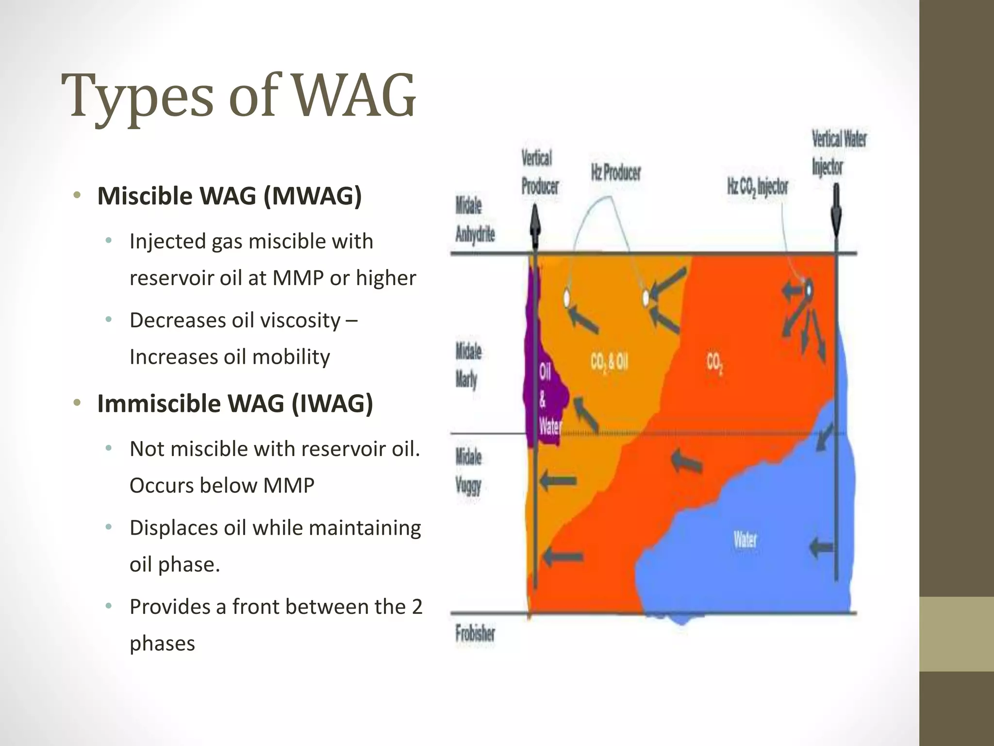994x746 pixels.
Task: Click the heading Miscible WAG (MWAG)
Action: click(230, 196)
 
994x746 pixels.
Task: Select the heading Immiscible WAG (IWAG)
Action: click(235, 404)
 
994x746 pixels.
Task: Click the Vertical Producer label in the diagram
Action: click(539, 172)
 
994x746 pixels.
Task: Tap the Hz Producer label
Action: click(615, 172)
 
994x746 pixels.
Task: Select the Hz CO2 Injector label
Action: click(757, 187)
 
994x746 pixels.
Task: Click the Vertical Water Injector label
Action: click(838, 153)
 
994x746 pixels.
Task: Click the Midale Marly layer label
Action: click(468, 365)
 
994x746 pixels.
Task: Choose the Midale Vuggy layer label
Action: click(468, 471)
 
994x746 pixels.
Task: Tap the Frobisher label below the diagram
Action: click(475, 633)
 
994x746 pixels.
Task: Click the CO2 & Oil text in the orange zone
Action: click(609, 362)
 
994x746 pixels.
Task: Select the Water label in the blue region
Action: click(745, 540)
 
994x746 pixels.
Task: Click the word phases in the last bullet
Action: click(162, 644)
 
